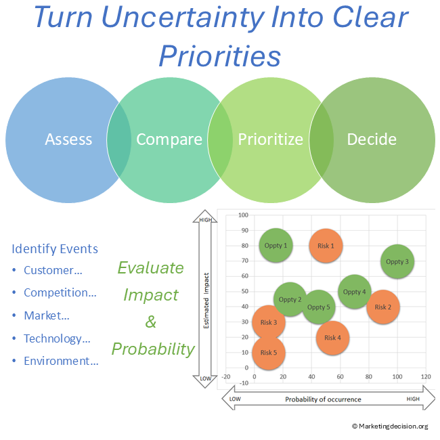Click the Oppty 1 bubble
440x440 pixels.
point(276,246)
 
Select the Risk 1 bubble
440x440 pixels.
point(326,246)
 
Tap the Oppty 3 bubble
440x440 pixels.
point(397,261)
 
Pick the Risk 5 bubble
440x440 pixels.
point(269,353)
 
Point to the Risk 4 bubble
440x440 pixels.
point(332,338)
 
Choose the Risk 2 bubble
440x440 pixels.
point(383,307)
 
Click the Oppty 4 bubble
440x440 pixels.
point(355,292)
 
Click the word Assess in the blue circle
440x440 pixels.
point(68,139)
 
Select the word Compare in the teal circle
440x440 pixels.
point(169,139)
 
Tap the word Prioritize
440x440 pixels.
point(271,139)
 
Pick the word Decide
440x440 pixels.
point(372,139)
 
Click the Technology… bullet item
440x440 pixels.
point(57,338)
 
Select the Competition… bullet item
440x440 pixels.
point(60,292)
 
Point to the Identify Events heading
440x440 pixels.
point(55,249)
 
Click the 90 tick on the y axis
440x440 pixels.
point(245,230)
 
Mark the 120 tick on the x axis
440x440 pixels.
point(426,376)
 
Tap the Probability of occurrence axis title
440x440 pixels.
point(323,399)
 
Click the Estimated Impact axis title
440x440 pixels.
point(206,301)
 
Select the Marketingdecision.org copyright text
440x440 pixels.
point(390,426)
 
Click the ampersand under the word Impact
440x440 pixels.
point(151,322)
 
